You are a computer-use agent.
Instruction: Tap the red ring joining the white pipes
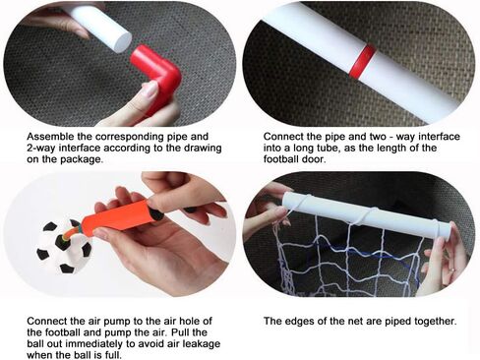click(363, 62)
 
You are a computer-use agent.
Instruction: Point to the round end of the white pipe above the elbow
click(122, 42)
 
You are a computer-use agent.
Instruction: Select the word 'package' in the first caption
click(80, 160)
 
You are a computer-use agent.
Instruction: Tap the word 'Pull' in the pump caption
click(180, 332)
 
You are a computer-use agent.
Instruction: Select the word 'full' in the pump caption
click(114, 355)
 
